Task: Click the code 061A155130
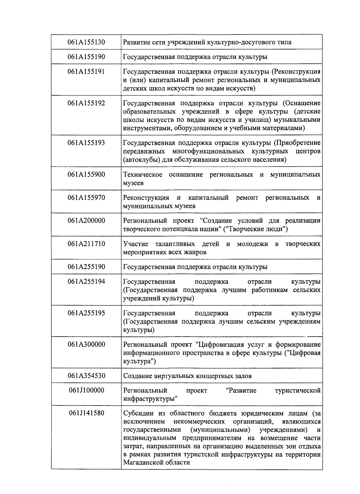86,42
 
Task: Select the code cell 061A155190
86,57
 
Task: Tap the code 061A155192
86,103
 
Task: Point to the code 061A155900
86,174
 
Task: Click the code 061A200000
86,221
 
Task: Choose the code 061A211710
86,244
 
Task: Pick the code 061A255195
86,313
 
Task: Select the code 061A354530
86,376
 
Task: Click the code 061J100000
86,390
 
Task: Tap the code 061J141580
86,413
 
